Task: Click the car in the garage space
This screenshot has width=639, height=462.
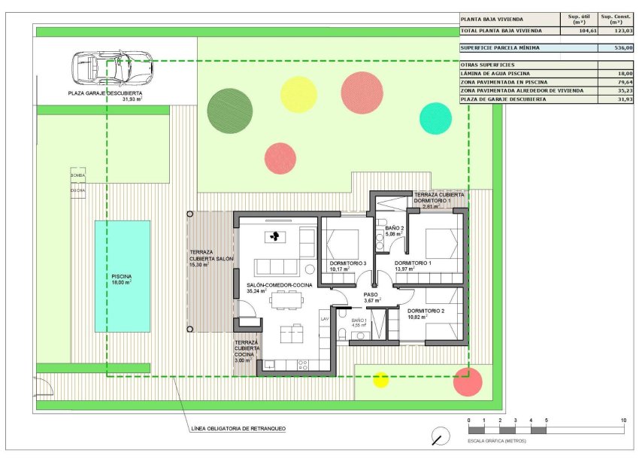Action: (111, 68)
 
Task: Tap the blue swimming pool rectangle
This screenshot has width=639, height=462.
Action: (122, 276)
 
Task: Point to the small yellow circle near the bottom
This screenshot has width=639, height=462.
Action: (381, 380)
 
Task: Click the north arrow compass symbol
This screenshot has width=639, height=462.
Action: (441, 436)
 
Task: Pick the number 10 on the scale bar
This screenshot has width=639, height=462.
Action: (623, 420)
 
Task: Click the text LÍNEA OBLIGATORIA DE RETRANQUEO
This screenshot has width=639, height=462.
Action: (238, 429)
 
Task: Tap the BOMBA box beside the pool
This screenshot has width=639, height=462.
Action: (77, 175)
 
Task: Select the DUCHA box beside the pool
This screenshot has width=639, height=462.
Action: (77, 190)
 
